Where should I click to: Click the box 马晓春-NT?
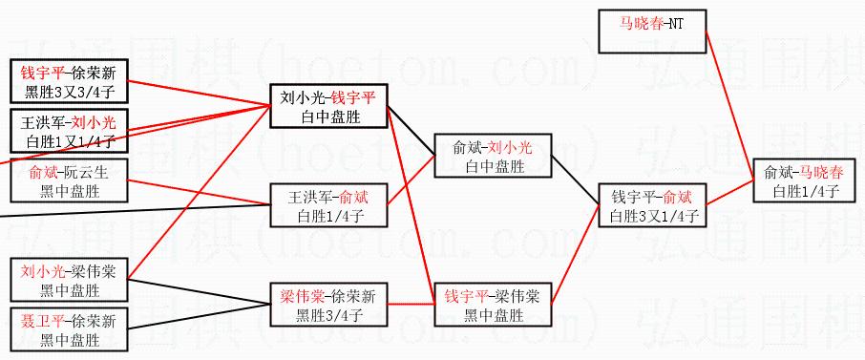coord(652,31)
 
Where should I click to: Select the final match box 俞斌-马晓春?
coord(804,180)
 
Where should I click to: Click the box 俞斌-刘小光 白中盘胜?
coord(494,155)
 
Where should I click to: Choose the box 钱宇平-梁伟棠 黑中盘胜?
coord(494,305)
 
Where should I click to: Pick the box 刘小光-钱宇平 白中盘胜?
coord(328,105)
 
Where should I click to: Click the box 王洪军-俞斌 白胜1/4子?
coord(328,205)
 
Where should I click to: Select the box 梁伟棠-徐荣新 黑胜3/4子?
coord(328,305)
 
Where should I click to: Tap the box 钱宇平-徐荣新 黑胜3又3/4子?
coord(69,80)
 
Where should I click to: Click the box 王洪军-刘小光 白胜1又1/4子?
coord(69,130)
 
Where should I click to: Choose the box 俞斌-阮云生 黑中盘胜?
coord(69,180)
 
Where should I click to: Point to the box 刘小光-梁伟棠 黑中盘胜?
coord(69,280)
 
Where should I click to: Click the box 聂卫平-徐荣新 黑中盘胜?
coord(69,329)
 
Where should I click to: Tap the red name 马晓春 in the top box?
coord(641,24)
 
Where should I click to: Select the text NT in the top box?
coord(676,24)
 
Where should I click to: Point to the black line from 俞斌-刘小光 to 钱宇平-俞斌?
coord(576,180)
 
